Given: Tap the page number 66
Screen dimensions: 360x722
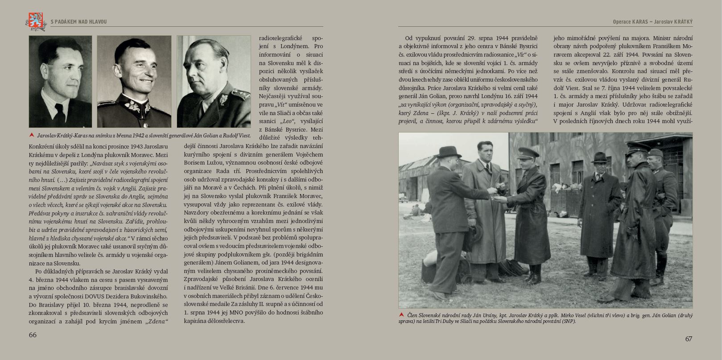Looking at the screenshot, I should [x=33, y=335].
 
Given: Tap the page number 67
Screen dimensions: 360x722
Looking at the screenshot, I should [x=689, y=339].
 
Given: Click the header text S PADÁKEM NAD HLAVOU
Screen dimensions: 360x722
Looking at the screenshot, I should [x=79, y=22].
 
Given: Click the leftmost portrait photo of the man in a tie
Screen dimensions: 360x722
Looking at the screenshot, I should [x=60, y=81].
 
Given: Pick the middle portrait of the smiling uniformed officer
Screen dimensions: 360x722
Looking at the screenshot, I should [x=134, y=81].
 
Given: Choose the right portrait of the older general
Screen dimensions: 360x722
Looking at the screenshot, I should [x=214, y=81].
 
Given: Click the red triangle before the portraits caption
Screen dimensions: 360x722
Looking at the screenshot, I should [x=32, y=135].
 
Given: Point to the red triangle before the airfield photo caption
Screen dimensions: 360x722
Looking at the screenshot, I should [x=402, y=314].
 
